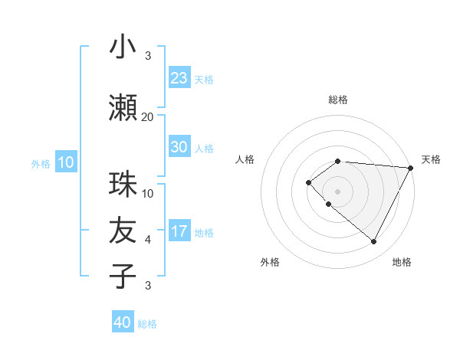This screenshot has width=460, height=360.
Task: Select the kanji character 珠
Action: coord(123,185)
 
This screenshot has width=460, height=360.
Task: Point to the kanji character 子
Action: coord(123,276)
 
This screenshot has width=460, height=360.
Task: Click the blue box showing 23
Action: coord(179,77)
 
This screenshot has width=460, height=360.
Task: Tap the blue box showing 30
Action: coord(179,147)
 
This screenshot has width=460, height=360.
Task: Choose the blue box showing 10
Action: coord(66,162)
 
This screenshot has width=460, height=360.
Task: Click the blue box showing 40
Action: coord(123,322)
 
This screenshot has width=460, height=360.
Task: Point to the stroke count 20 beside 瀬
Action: coord(148,116)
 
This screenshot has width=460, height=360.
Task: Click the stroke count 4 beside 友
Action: coord(148,240)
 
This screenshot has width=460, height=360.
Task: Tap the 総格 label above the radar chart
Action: coord(338,100)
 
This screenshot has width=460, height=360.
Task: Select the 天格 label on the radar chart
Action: coord(431,159)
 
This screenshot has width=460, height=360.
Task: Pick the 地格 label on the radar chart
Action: coord(402,262)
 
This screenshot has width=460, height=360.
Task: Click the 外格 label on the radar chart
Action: coord(270,262)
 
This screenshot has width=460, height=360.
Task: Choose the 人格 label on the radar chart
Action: coord(245,159)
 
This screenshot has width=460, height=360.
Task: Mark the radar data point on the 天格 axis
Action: coord(412,167)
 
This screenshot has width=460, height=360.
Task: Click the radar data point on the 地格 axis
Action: coord(374,242)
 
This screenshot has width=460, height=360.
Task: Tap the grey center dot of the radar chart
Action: coord(338,191)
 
